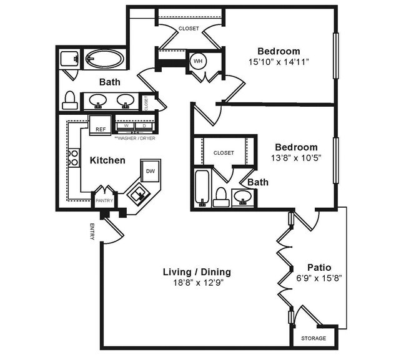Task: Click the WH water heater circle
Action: pyautogui.click(x=198, y=61)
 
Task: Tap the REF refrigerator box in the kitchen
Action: pyautogui.click(x=99, y=125)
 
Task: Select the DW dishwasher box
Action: pyautogui.click(x=150, y=171)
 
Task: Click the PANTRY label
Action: pyautogui.click(x=104, y=201)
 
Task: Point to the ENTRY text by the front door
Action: pyautogui.click(x=92, y=231)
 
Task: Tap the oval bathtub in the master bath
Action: pyautogui.click(x=104, y=60)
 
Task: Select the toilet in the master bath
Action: pyautogui.click(x=70, y=100)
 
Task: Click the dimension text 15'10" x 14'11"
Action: pyautogui.click(x=279, y=62)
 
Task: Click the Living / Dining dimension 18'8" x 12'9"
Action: pyautogui.click(x=197, y=283)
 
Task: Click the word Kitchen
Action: pyautogui.click(x=107, y=160)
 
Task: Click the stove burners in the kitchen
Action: pyautogui.click(x=73, y=157)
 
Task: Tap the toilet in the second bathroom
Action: pyautogui.click(x=220, y=197)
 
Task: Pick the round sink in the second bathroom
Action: pyautogui.click(x=244, y=198)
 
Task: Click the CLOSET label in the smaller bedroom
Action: pyautogui.click(x=224, y=153)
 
